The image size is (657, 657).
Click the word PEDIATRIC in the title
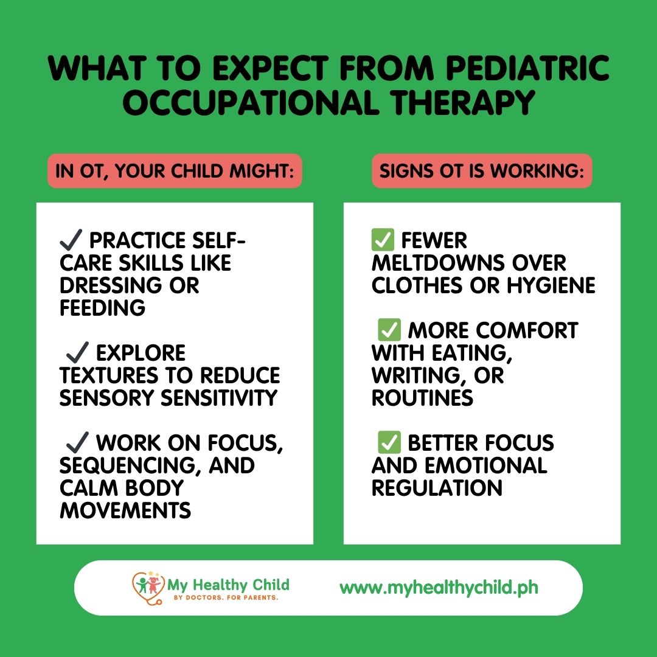[x=527, y=68]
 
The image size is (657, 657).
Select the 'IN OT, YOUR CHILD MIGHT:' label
[x=175, y=171]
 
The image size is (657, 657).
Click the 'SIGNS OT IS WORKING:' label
[x=482, y=171]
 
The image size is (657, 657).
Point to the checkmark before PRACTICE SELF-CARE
[x=71, y=240]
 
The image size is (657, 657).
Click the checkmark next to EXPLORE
[x=77, y=352]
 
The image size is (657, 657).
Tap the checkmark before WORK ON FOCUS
[x=77, y=442]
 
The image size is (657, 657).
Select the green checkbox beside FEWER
[x=383, y=240]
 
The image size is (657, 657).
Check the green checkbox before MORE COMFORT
[x=389, y=330]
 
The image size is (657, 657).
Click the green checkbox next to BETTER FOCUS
[x=389, y=442]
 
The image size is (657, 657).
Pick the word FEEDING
[x=103, y=308]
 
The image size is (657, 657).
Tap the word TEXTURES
[x=108, y=375]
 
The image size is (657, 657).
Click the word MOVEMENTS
[x=125, y=510]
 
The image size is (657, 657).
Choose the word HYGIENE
[x=551, y=285]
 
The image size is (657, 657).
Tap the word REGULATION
[x=437, y=488]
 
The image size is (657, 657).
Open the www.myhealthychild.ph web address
[x=439, y=588]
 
